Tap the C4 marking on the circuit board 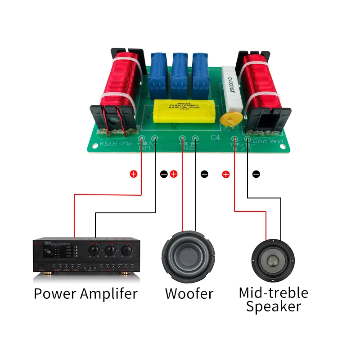coord(216,139)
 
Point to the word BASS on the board coord(189,148)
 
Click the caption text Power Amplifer coord(85,294)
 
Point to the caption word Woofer coord(189,294)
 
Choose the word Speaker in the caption coord(273,307)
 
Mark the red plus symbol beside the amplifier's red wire coord(133,174)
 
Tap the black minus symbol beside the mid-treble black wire coord(256,174)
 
